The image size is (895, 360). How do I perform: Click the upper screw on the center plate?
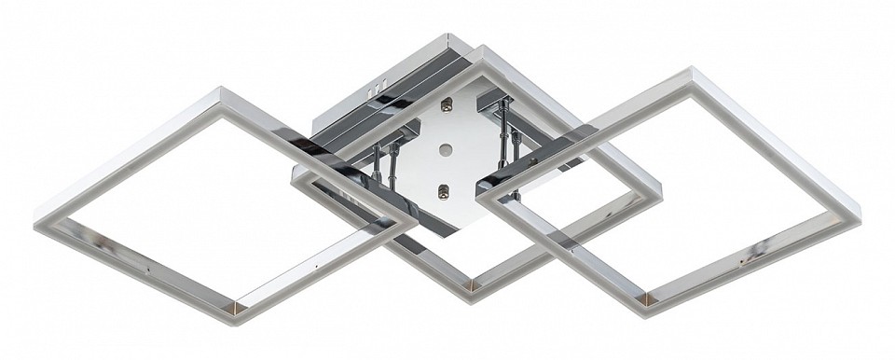[x=447, y=104]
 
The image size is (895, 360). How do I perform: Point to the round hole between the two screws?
[x=446, y=149]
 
